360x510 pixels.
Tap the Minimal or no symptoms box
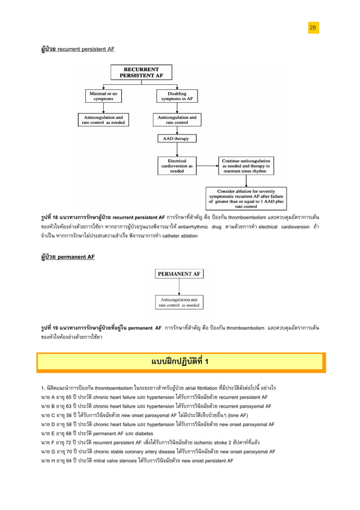pyautogui.click(x=103, y=96)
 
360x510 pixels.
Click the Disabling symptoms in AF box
pyautogui.click(x=177, y=96)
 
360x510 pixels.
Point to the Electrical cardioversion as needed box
pyautogui.click(x=177, y=166)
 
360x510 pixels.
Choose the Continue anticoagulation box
pyautogui.click(x=246, y=166)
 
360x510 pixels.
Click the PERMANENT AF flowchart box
pyautogui.click(x=179, y=274)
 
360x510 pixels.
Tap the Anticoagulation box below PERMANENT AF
pyautogui.click(x=179, y=302)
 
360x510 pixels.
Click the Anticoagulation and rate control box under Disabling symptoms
pyautogui.click(x=177, y=120)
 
